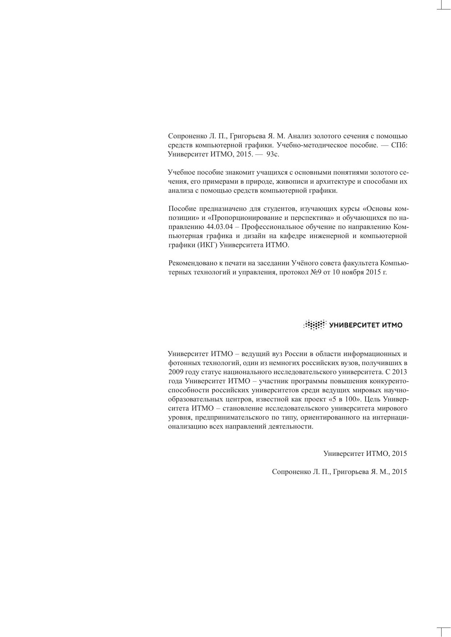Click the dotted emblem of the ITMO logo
point(315,325)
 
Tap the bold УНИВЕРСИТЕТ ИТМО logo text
point(366,325)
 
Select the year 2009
point(176,372)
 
